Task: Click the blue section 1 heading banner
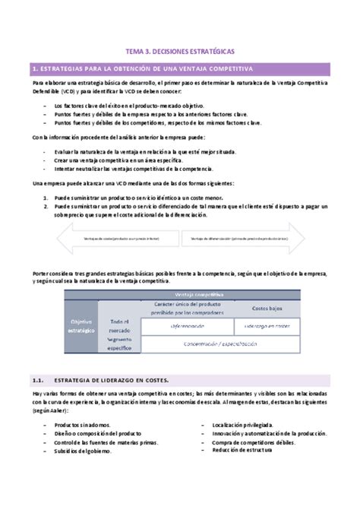(x=180, y=68)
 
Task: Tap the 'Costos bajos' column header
(x=267, y=308)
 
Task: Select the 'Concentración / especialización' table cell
(x=219, y=344)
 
